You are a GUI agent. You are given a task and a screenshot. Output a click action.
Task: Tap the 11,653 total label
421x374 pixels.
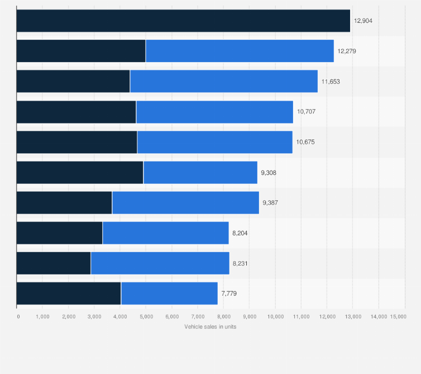pyautogui.click(x=330, y=81)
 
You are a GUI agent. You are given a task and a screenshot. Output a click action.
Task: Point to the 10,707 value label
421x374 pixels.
pyautogui.click(x=306, y=112)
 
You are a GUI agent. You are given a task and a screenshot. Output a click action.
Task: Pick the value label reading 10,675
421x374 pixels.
pyautogui.click(x=305, y=142)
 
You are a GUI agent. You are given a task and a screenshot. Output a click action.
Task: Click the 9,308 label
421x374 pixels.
pyautogui.click(x=268, y=173)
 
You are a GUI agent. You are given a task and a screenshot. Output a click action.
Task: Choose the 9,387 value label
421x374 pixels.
pyautogui.click(x=270, y=203)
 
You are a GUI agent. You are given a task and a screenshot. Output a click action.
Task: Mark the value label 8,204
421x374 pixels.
pyautogui.click(x=240, y=233)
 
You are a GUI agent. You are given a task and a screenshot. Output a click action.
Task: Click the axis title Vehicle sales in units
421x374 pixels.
pyautogui.click(x=210, y=326)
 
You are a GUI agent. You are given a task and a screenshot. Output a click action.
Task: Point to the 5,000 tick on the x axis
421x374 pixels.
pyautogui.click(x=146, y=316)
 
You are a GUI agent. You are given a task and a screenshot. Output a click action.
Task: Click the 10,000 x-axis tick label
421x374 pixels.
pyautogui.click(x=275, y=316)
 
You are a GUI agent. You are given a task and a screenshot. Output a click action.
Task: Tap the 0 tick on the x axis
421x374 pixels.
pyautogui.click(x=18, y=316)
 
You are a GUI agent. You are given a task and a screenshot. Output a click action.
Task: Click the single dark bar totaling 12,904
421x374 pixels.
pyautogui.click(x=183, y=21)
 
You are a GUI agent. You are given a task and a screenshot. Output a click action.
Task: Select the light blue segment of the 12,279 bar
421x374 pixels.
pyautogui.click(x=240, y=51)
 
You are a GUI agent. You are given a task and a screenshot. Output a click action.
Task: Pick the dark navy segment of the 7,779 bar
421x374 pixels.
pyautogui.click(x=69, y=293)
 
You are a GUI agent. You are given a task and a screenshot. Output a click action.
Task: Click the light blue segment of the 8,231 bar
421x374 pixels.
pyautogui.click(x=160, y=263)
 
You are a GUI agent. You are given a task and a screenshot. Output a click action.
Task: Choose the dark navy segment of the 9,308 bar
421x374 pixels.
pyautogui.click(x=80, y=173)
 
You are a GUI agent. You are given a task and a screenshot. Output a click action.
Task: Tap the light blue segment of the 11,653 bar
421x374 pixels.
pyautogui.click(x=223, y=81)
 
